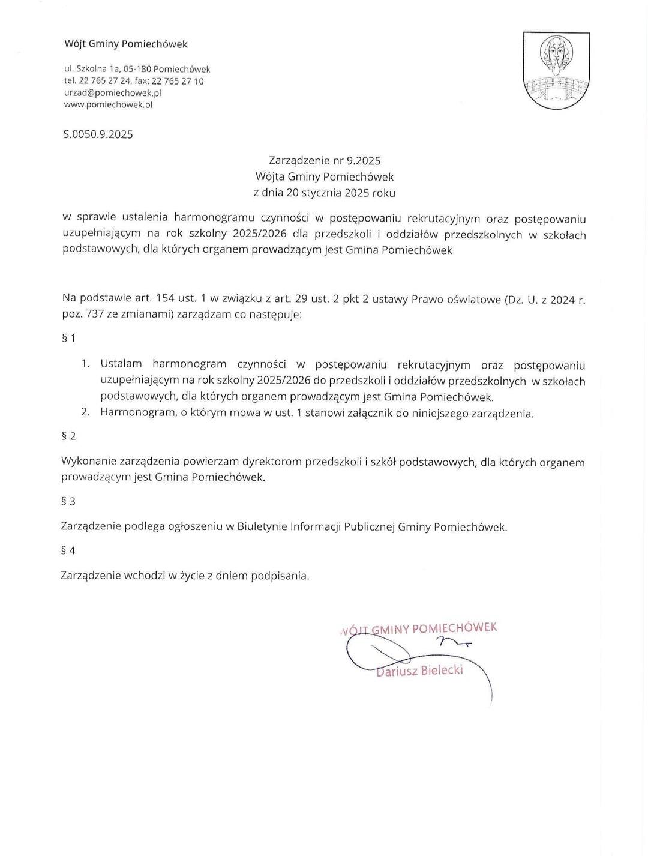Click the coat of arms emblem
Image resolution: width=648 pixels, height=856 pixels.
(556, 70)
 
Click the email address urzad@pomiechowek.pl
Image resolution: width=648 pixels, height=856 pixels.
(112, 93)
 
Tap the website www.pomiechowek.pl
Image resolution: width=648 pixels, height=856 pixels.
(108, 104)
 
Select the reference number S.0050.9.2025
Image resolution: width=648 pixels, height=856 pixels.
(98, 134)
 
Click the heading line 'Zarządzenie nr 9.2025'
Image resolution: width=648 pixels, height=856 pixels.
(325, 161)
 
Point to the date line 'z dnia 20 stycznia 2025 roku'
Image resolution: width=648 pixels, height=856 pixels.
(325, 193)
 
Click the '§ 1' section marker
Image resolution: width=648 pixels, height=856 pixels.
(68, 339)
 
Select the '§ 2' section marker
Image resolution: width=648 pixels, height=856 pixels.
(68, 436)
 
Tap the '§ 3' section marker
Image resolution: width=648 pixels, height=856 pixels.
(68, 501)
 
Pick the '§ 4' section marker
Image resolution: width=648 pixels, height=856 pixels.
(68, 550)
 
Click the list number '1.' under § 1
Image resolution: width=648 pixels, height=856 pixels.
(86, 364)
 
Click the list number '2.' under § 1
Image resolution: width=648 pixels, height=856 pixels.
(86, 412)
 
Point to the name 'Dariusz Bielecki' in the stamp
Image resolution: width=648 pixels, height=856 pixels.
(420, 671)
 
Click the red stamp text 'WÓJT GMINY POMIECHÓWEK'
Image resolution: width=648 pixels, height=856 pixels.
(420, 628)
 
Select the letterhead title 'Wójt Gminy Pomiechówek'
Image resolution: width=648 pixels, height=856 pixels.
(126, 44)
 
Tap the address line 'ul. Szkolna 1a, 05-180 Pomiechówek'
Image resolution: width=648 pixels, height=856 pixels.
(137, 70)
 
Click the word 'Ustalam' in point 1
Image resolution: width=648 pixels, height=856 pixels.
(121, 364)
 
